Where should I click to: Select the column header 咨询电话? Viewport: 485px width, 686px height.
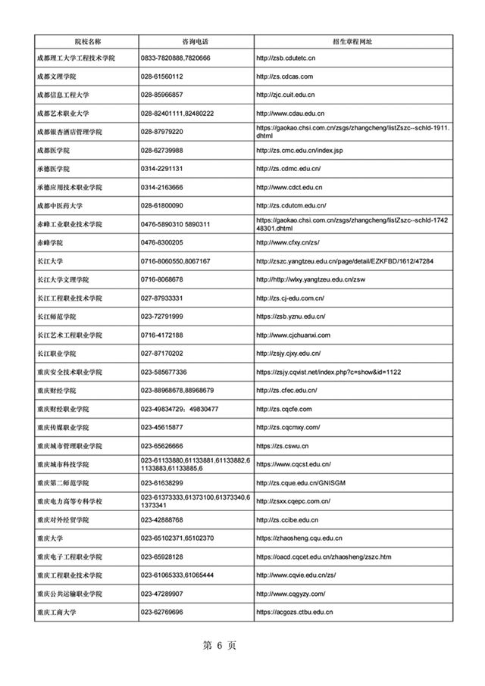[x=196, y=40]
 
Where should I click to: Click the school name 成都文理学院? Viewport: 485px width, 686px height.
[x=61, y=76]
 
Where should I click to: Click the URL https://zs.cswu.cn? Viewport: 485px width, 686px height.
[x=283, y=445]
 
